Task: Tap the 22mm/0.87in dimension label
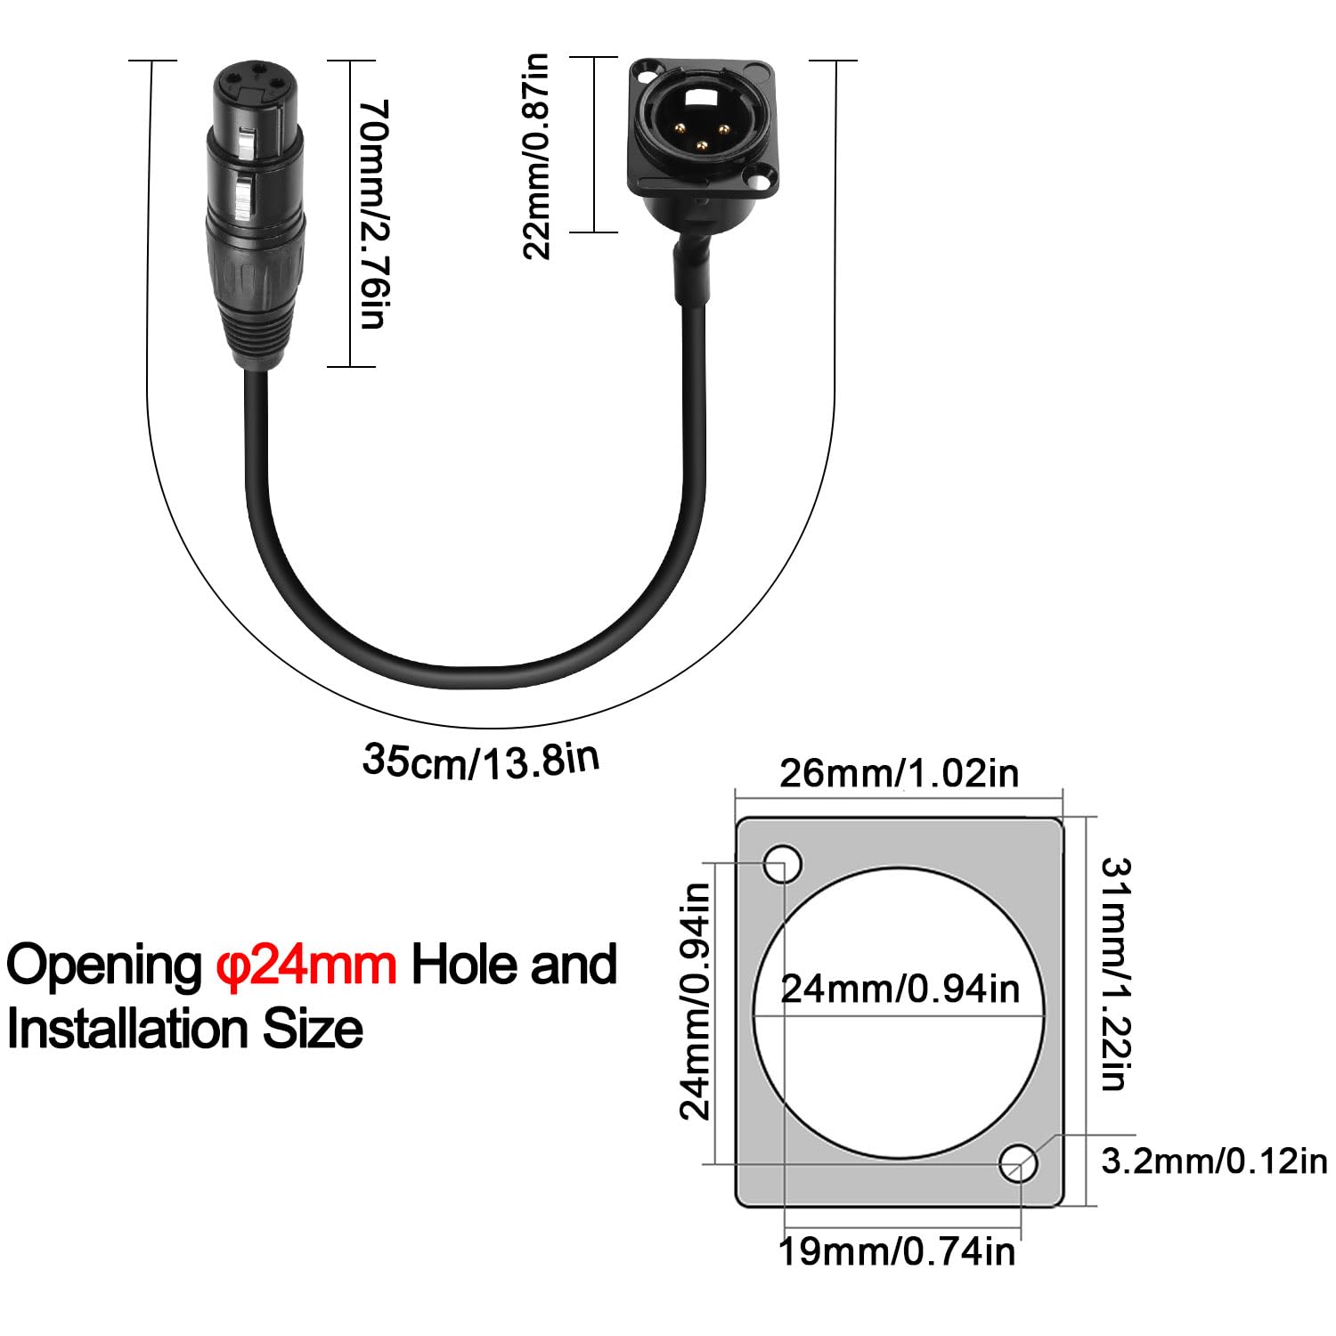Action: click(536, 156)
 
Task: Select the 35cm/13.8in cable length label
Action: click(481, 760)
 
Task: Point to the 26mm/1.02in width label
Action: click(899, 772)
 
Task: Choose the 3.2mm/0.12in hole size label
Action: click(1214, 1161)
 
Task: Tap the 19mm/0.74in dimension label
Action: click(897, 1250)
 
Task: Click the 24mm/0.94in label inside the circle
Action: click(900, 989)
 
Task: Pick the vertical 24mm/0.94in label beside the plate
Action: click(695, 1000)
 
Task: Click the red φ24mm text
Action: click(306, 965)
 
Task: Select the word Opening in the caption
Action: click(105, 966)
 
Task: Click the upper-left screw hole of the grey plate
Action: click(782, 863)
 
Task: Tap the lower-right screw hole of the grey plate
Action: click(1018, 1163)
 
